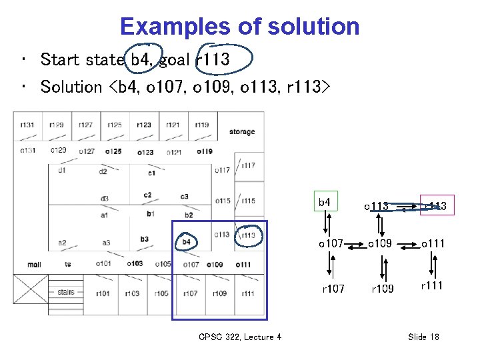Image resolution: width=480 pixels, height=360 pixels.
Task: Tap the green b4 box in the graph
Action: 325,201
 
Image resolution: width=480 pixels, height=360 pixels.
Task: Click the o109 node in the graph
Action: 381,244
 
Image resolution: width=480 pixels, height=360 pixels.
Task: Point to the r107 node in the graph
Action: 333,289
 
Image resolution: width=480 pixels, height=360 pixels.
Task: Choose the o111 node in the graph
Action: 433,244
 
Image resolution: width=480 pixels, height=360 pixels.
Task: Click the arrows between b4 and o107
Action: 327,223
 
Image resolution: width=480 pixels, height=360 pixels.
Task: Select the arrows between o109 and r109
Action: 381,267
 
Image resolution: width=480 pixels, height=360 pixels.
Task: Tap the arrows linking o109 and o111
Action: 408,244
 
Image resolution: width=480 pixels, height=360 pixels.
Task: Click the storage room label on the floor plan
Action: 242,131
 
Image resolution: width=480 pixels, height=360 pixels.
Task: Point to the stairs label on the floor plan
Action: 66,292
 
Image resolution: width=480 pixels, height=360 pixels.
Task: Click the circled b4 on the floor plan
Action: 187,241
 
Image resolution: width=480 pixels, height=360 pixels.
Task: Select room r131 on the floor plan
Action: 27,125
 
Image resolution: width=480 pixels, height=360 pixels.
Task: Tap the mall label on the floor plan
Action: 34,265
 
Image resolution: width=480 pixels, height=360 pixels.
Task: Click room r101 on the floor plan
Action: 103,293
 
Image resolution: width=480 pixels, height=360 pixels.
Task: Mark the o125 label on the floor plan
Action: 114,151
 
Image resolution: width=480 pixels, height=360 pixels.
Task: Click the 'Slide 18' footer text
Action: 423,337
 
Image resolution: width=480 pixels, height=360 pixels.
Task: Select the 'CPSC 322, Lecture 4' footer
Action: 240,337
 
